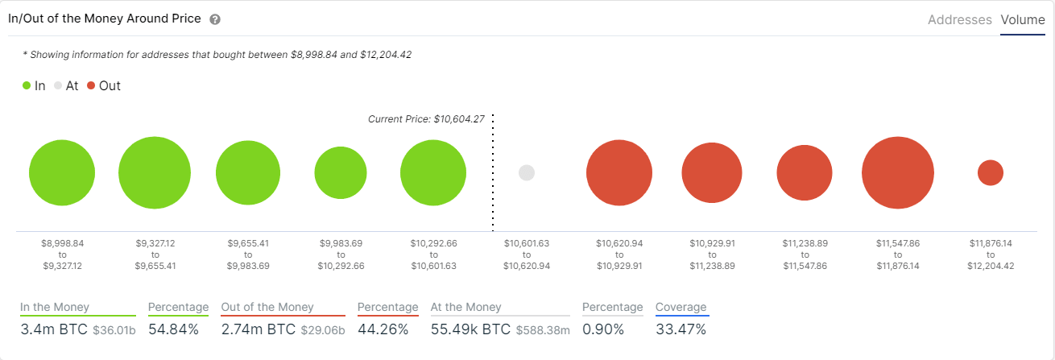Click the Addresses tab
pos(959,19)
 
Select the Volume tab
pos(1022,19)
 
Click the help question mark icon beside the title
pos(215,19)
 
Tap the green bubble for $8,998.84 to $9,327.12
pos(62,173)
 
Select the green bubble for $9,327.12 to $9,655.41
pos(155,173)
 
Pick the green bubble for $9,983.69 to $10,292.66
pos(341,173)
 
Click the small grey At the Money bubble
pos(527,173)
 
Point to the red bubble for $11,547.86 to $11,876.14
pos(897,173)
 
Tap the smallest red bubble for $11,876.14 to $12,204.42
pos(990,173)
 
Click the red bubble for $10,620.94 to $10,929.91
pos(619,173)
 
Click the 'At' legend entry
pos(66,85)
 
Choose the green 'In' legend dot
pos(27,85)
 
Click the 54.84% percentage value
pos(173,330)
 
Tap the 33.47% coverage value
pos(681,330)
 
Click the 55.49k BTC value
pos(470,330)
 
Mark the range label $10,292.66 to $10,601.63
pos(433,254)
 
